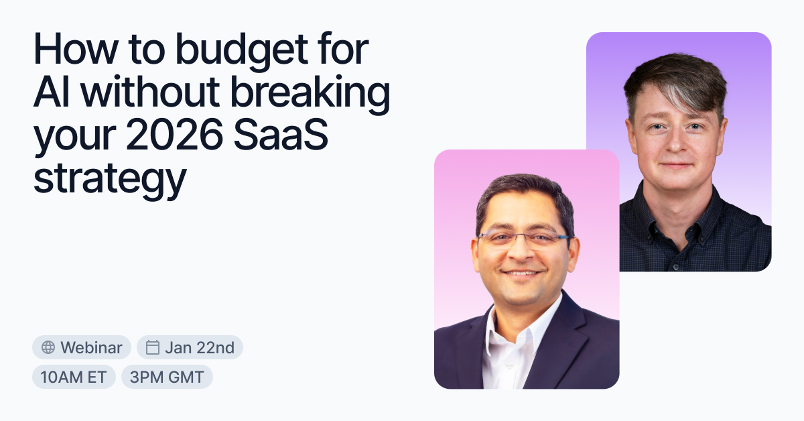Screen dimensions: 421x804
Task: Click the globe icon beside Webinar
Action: [x=48, y=347]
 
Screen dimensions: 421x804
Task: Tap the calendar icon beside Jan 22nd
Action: [x=153, y=347]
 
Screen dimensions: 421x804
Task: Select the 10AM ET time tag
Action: [x=74, y=377]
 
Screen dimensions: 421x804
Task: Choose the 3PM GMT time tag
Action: [x=167, y=377]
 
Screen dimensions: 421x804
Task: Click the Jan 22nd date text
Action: [x=199, y=347]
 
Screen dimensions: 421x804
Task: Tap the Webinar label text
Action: [x=91, y=347]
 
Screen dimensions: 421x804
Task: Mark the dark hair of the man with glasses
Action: [x=523, y=191]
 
